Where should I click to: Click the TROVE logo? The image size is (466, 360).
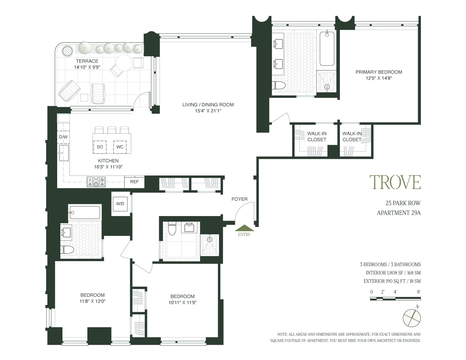[x=395, y=182]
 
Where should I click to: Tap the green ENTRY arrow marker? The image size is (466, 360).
[x=244, y=228]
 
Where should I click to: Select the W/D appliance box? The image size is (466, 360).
[x=120, y=204]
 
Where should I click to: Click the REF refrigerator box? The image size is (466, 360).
[x=134, y=182]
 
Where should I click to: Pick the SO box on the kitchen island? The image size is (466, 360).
[x=100, y=147]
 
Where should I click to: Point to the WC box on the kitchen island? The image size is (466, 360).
[x=120, y=147]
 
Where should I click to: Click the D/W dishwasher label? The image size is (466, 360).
[x=63, y=137]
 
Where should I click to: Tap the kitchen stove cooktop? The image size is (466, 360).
[x=96, y=182]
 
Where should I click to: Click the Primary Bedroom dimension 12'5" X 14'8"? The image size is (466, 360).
[x=379, y=78]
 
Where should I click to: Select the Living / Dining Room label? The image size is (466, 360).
[x=208, y=105]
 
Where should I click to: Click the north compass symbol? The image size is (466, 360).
[x=412, y=318]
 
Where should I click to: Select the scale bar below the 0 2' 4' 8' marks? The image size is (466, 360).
[x=395, y=299]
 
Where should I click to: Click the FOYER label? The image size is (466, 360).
[x=239, y=199]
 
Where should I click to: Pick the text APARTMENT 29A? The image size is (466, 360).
[x=398, y=213]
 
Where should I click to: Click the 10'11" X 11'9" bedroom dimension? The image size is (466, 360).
[x=182, y=302]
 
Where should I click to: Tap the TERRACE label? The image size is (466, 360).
[x=87, y=61]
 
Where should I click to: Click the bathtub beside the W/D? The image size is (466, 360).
[x=85, y=212]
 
